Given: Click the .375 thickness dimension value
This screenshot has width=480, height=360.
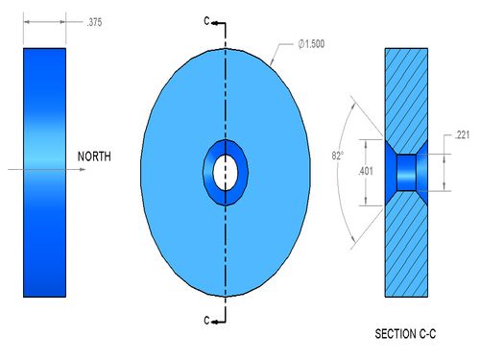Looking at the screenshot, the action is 94,22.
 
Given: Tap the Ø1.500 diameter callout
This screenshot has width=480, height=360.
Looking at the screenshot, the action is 311,44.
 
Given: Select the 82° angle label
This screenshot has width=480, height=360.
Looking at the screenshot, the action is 338,156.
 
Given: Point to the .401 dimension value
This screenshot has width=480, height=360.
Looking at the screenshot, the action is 366,171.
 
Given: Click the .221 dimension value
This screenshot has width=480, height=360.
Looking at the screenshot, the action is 462,135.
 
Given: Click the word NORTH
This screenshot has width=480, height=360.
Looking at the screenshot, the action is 94,156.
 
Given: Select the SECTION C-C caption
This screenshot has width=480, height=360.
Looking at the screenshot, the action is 405,334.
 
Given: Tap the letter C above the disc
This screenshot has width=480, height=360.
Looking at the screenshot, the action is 206,21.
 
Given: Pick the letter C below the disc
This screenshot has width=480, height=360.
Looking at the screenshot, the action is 206,320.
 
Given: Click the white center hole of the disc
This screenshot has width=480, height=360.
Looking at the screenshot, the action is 226,173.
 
